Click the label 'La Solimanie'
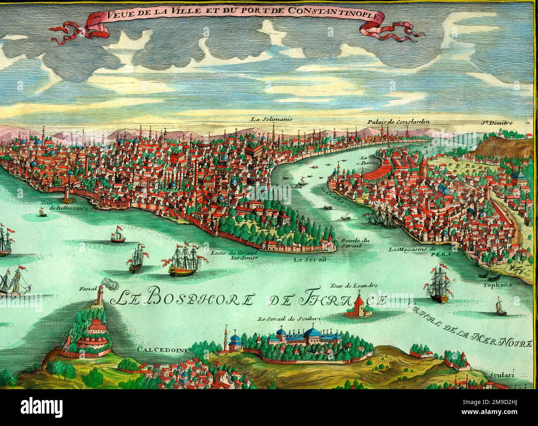coord(271,119)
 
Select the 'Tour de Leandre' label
coord(348,285)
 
